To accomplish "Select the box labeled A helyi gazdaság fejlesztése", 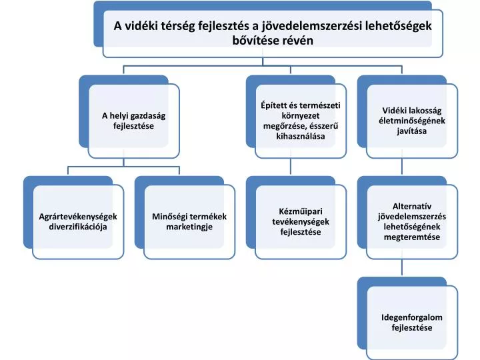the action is coord(133,121).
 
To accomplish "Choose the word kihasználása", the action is coord(300,136).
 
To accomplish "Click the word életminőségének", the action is coord(412,121).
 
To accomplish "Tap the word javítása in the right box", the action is coord(412,131).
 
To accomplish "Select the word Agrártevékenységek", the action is coord(78,217).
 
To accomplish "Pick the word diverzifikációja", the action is coord(78,227).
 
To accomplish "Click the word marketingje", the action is coord(189,227).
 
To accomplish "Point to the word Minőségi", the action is coord(169,217).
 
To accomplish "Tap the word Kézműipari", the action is coord(300,211).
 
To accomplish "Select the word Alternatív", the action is coord(412,207).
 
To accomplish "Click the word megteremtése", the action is coord(412,237).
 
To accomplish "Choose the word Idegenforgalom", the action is coord(412,317).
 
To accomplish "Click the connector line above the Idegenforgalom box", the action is coord(402,268).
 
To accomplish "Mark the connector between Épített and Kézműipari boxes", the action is coord(291,167).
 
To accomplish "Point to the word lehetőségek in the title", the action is coord(399,26).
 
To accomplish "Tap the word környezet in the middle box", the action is coord(300,116).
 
